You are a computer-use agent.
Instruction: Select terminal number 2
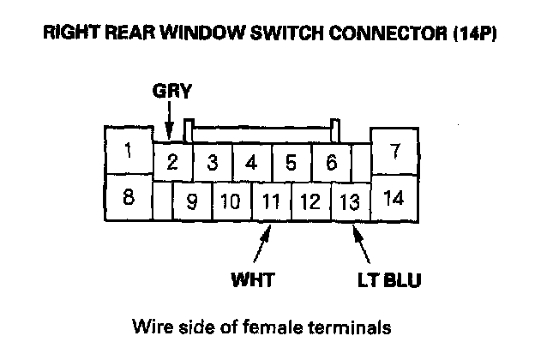click(172, 162)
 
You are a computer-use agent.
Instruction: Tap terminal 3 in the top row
click(212, 162)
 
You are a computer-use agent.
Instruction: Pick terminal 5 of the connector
click(291, 162)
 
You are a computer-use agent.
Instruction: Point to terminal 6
click(331, 162)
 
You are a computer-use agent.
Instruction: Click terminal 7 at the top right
click(395, 152)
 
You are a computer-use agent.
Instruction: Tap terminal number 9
click(192, 203)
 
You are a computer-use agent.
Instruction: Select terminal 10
click(230, 203)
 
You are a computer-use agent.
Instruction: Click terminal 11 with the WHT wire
click(271, 203)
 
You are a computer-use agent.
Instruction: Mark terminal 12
click(310, 203)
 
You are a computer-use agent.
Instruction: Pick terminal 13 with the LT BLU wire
click(350, 203)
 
